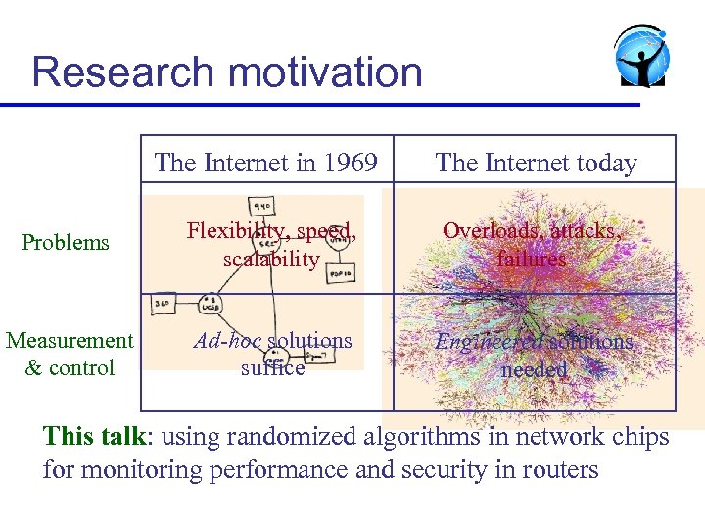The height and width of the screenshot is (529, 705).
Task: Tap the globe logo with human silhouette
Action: [x=641, y=57]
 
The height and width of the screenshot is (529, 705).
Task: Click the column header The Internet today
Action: [x=536, y=163]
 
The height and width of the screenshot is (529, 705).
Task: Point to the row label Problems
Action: [x=66, y=242]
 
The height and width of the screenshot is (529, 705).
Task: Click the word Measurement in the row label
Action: [x=70, y=340]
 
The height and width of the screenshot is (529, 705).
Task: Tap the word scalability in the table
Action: [x=271, y=259]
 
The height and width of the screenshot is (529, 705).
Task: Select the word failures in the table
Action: [x=532, y=259]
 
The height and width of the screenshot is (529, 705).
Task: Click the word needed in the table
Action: [x=534, y=369]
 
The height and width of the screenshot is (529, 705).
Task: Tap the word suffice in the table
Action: [x=272, y=368]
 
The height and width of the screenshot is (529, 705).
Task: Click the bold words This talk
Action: [x=93, y=436]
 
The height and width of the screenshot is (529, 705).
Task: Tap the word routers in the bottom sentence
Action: [x=555, y=469]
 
